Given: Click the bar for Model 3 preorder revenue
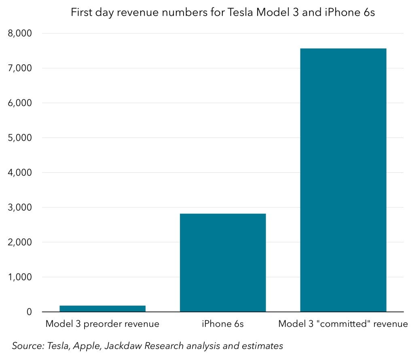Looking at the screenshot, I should coord(103,309).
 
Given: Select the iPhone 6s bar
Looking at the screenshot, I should coord(223,263).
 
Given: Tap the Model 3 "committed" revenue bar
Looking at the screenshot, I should coord(343,180).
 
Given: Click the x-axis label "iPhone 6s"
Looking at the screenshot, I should coord(223,324).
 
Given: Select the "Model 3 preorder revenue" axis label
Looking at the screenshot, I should coord(102,324).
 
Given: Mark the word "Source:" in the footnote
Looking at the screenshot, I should coord(28,346).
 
